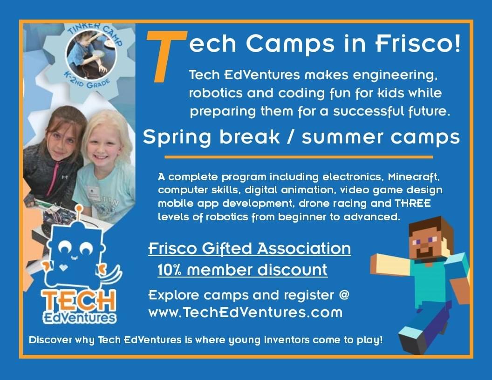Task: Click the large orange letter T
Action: point(166,56)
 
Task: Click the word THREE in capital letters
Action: point(413,203)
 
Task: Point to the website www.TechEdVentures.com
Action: point(246,312)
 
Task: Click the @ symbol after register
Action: point(344,295)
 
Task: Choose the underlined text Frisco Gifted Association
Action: point(249,249)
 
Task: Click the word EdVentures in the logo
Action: point(80,318)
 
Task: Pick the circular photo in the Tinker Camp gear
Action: point(91,54)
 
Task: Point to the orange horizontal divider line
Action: point(299,157)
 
